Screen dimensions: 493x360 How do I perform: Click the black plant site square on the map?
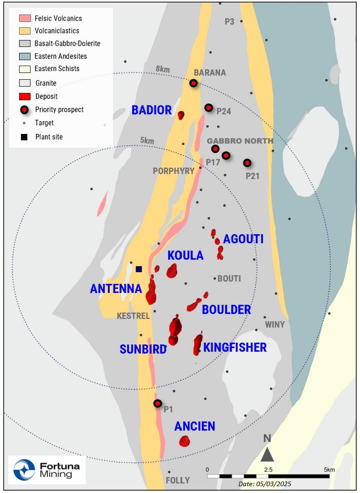point(139,269)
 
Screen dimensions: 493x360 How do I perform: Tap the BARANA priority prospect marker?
point(194,83)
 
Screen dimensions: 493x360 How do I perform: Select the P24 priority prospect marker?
point(209,108)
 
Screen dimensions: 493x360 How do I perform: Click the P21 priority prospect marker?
point(247,163)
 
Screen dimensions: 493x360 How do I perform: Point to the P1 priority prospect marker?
point(157,403)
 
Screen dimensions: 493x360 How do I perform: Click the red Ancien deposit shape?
point(184,441)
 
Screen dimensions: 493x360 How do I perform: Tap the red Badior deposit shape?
point(181,115)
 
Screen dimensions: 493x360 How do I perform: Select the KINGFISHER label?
point(235,347)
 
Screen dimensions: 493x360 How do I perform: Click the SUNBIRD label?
point(143,349)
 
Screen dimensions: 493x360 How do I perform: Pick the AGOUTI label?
point(243,239)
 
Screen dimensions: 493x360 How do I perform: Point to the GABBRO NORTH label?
point(240,141)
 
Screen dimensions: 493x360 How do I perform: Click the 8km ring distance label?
point(163,69)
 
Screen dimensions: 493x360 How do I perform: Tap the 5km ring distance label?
point(147,140)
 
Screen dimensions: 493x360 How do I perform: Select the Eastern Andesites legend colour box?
point(25,56)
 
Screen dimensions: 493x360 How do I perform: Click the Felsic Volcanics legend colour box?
point(25,18)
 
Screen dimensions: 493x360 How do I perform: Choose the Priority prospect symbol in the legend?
point(24,110)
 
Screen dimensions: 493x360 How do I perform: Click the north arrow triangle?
point(267,454)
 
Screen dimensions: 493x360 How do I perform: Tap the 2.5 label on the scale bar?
point(268,470)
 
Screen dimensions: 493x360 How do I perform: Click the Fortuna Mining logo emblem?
point(24,470)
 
